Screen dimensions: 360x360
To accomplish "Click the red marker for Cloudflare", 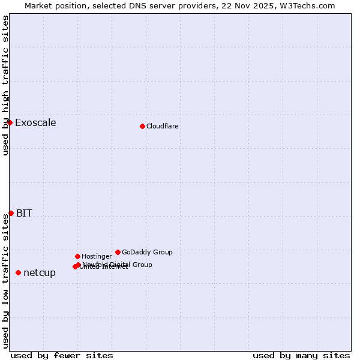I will click(x=142, y=126).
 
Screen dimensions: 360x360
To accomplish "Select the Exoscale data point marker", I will click(x=10, y=122).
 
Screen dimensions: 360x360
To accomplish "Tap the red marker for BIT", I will click(x=11, y=213).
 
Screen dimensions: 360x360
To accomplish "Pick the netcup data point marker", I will click(x=18, y=272).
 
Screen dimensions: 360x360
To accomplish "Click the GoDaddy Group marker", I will click(x=118, y=252).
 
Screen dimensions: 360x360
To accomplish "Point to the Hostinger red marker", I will click(x=77, y=256).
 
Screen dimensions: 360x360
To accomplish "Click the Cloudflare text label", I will click(x=163, y=126).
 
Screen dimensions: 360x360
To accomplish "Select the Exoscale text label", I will click(x=35, y=123).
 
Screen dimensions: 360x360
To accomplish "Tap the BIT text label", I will click(x=24, y=213).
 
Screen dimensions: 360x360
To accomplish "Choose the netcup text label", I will click(x=40, y=273).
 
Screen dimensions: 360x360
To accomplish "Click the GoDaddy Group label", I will click(x=147, y=252).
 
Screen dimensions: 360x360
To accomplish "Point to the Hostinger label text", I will click(x=97, y=256).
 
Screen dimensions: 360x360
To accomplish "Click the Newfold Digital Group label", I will click(x=118, y=264).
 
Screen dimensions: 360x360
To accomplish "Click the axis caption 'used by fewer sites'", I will click(x=62, y=355).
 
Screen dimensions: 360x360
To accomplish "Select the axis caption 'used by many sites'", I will click(x=301, y=355).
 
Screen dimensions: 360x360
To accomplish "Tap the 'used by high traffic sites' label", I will click(x=5, y=85).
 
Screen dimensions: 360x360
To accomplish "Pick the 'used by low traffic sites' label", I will click(x=5, y=281).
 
